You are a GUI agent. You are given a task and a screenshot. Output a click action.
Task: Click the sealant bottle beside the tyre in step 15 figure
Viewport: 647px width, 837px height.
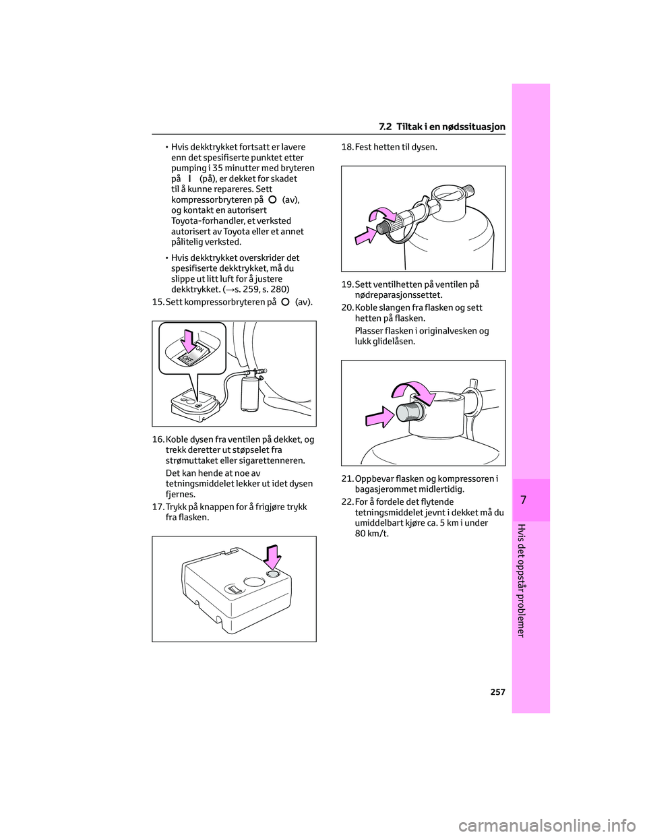pyautogui.click(x=249, y=394)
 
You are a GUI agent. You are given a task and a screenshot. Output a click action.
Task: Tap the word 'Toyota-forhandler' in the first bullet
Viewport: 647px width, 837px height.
pyautogui.click(x=208, y=220)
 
